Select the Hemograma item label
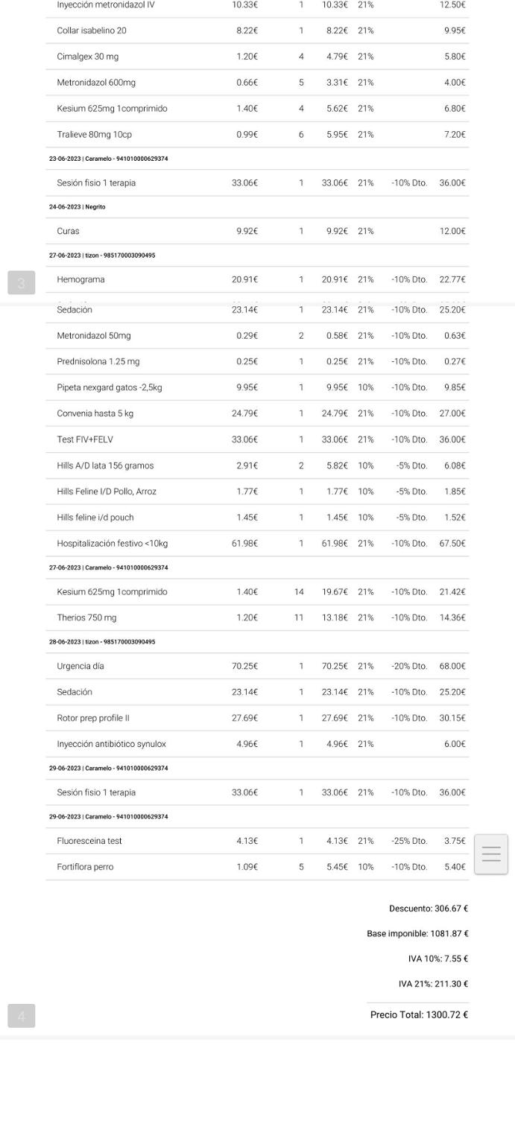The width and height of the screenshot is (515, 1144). (x=80, y=279)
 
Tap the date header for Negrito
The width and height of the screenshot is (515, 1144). (x=77, y=207)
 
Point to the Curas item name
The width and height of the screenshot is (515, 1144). (x=68, y=231)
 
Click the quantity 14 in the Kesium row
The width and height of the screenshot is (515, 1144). (x=299, y=592)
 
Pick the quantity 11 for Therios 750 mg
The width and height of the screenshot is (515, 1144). (x=299, y=617)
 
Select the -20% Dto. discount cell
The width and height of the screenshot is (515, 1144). (x=409, y=666)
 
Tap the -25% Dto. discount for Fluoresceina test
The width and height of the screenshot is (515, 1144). (x=409, y=841)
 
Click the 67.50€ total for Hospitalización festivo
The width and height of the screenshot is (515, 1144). (x=452, y=544)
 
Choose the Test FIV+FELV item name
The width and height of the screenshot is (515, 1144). (x=85, y=439)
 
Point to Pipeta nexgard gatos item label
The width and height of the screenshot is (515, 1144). (x=110, y=387)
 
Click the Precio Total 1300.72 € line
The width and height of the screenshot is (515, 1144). (x=419, y=1014)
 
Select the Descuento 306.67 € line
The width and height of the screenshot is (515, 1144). (x=429, y=909)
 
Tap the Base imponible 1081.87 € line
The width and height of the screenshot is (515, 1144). (x=417, y=933)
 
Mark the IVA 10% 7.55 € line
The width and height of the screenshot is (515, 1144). (x=438, y=959)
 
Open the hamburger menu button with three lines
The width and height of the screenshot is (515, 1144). (x=491, y=854)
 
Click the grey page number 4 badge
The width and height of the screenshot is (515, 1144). (x=21, y=1016)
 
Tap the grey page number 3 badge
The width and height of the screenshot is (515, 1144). (x=21, y=283)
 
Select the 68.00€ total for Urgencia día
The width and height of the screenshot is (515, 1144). (x=452, y=666)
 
